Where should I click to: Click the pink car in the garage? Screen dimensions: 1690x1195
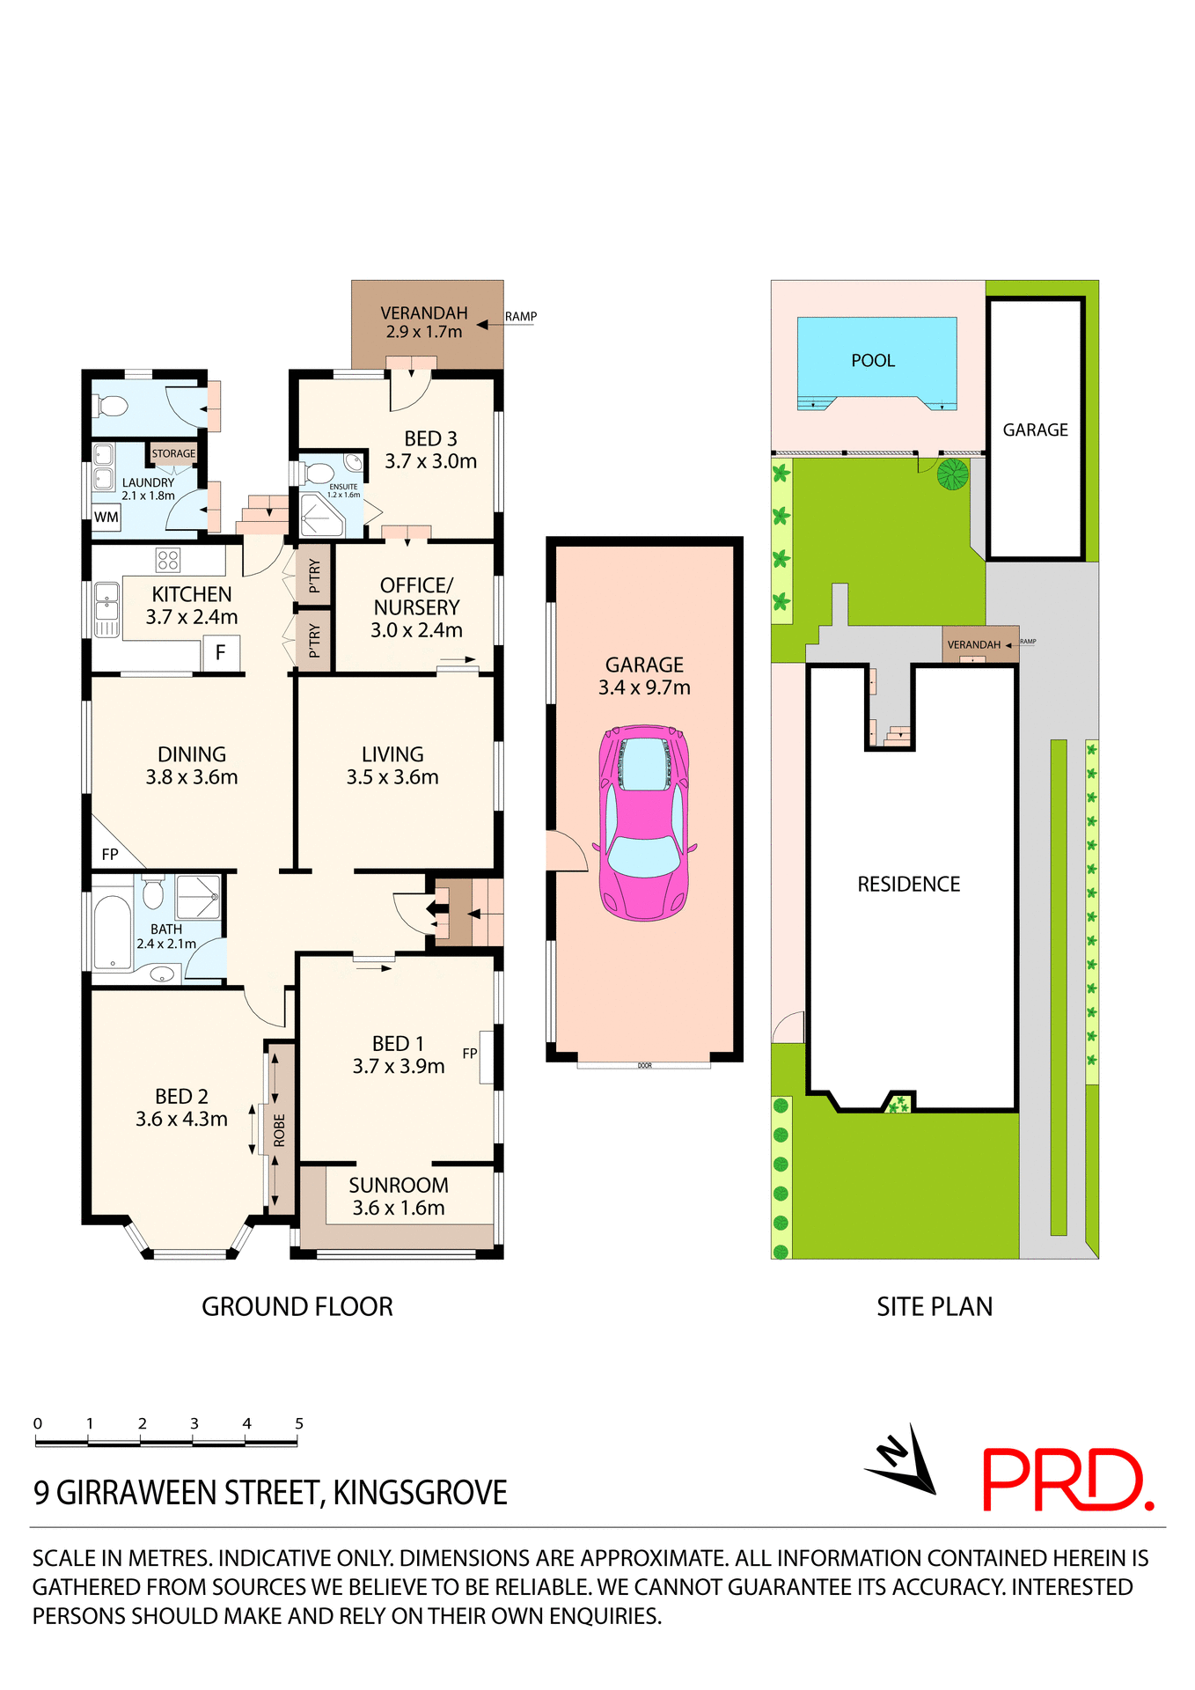[x=644, y=823]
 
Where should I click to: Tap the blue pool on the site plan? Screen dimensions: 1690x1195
[x=876, y=361]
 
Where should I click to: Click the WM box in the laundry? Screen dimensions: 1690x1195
[x=106, y=518]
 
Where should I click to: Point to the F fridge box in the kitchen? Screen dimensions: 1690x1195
[x=221, y=652]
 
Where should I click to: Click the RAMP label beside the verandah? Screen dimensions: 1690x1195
[x=520, y=317]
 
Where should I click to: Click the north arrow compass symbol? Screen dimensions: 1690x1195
[x=905, y=1460]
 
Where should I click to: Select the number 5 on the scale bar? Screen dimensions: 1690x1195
[x=299, y=1423]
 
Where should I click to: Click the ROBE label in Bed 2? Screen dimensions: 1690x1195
[x=280, y=1130]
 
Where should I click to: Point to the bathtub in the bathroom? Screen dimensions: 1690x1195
[x=112, y=931]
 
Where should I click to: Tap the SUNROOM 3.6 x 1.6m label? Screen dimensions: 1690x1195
[x=399, y=1196]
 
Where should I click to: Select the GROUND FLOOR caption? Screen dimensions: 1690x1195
[x=297, y=1307]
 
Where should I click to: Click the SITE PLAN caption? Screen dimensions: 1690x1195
[x=934, y=1307]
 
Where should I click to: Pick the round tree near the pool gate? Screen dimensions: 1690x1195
[x=952, y=474]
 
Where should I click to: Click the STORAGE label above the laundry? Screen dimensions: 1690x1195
[x=173, y=454]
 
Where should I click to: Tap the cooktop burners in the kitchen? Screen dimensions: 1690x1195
[x=168, y=560]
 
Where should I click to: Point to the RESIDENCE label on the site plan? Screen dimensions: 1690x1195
[x=908, y=885]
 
